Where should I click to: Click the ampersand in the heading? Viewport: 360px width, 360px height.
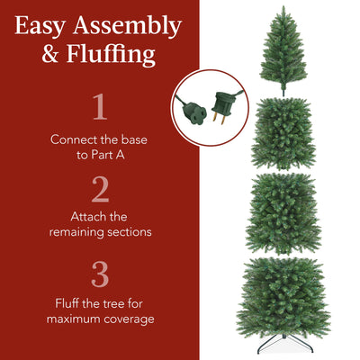tap(52, 55)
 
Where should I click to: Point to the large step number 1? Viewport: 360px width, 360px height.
tap(100, 108)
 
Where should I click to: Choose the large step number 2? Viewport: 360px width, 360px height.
tap(100, 189)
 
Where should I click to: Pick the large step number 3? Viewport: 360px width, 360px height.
tap(100, 272)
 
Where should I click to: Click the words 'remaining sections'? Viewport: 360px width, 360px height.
tap(100, 232)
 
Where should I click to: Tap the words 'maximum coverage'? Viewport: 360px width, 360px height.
tap(100, 319)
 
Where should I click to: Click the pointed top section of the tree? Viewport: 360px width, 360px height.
tap(283, 45)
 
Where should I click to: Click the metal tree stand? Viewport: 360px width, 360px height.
tap(284, 346)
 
